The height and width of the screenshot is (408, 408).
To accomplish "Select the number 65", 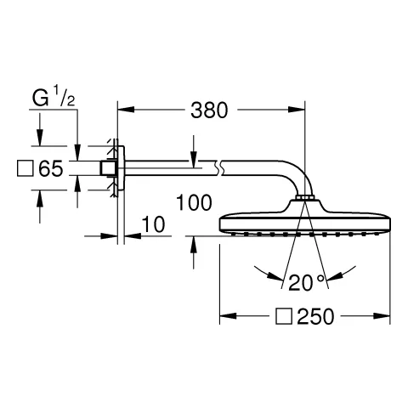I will pyautogui.click(x=51, y=168).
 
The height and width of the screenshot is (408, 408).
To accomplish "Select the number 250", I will pyautogui.click(x=314, y=317).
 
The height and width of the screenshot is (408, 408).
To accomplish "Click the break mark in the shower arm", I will pyautogui.click(x=221, y=167).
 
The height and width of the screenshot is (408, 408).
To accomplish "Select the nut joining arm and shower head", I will pyautogui.click(x=304, y=201).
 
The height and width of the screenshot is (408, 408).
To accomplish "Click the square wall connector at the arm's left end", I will pyautogui.click(x=107, y=167).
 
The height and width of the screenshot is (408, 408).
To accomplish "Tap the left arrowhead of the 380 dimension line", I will pyautogui.click(x=122, y=110).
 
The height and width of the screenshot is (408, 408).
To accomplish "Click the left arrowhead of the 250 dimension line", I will pyautogui.click(x=225, y=317).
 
